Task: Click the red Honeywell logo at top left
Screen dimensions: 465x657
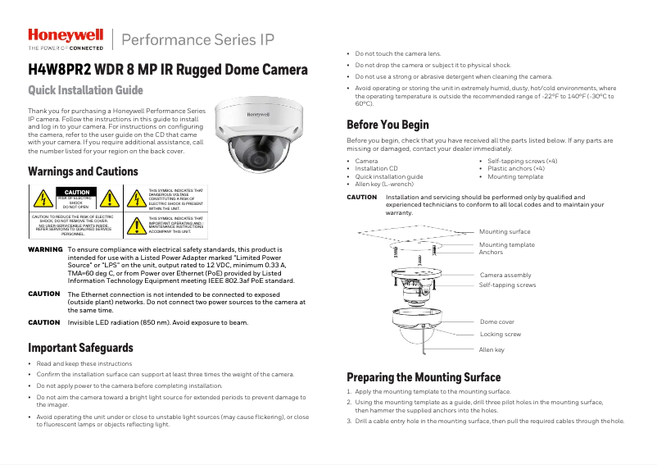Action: pos(66,35)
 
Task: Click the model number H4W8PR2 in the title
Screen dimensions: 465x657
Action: pos(60,70)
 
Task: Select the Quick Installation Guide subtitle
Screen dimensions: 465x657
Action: pos(85,89)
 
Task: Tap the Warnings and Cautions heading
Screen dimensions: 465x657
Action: pos(83,172)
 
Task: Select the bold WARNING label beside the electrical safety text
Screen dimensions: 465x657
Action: pos(46,249)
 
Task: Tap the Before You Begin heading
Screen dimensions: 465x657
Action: pos(387,125)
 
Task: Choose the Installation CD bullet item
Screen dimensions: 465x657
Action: pos(376,169)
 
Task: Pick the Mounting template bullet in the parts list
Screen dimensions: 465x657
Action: pos(515,176)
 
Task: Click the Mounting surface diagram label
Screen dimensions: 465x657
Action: pos(505,232)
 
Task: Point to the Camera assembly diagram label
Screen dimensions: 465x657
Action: pos(505,275)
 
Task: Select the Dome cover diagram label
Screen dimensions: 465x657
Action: pos(497,322)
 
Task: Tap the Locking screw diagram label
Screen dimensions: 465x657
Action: pos(500,335)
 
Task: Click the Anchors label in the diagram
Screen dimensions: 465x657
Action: pos(492,253)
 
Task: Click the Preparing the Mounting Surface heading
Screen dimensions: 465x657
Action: pos(424,377)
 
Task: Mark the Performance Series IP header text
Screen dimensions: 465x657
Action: pos(197,39)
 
